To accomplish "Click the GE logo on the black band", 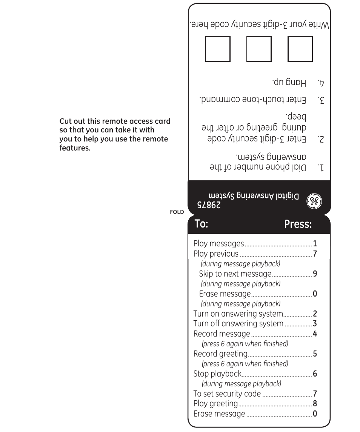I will pos(314,201).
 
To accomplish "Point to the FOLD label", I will pos(177,212).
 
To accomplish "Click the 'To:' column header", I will pos(202,224).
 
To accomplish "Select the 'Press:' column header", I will pos(298,224).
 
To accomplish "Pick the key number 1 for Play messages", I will pos(315,244).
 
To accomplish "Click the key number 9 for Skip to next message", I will pos(315,274).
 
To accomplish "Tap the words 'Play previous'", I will pos(216,254).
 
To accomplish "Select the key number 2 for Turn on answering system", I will pos(315,314).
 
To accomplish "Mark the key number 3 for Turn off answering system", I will pos(315,324).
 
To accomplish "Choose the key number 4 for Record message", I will pos(315,334).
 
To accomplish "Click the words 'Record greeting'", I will pos(220,354).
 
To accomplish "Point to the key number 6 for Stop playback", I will pos(315,374).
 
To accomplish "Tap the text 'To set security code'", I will pos(227,394).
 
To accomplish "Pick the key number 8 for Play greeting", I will pos(315,404).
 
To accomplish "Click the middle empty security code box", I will pos(259,49).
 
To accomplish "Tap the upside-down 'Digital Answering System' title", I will pos(254,197).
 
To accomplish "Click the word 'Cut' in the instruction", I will pos(66,121).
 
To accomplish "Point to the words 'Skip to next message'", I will pos(235,274).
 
